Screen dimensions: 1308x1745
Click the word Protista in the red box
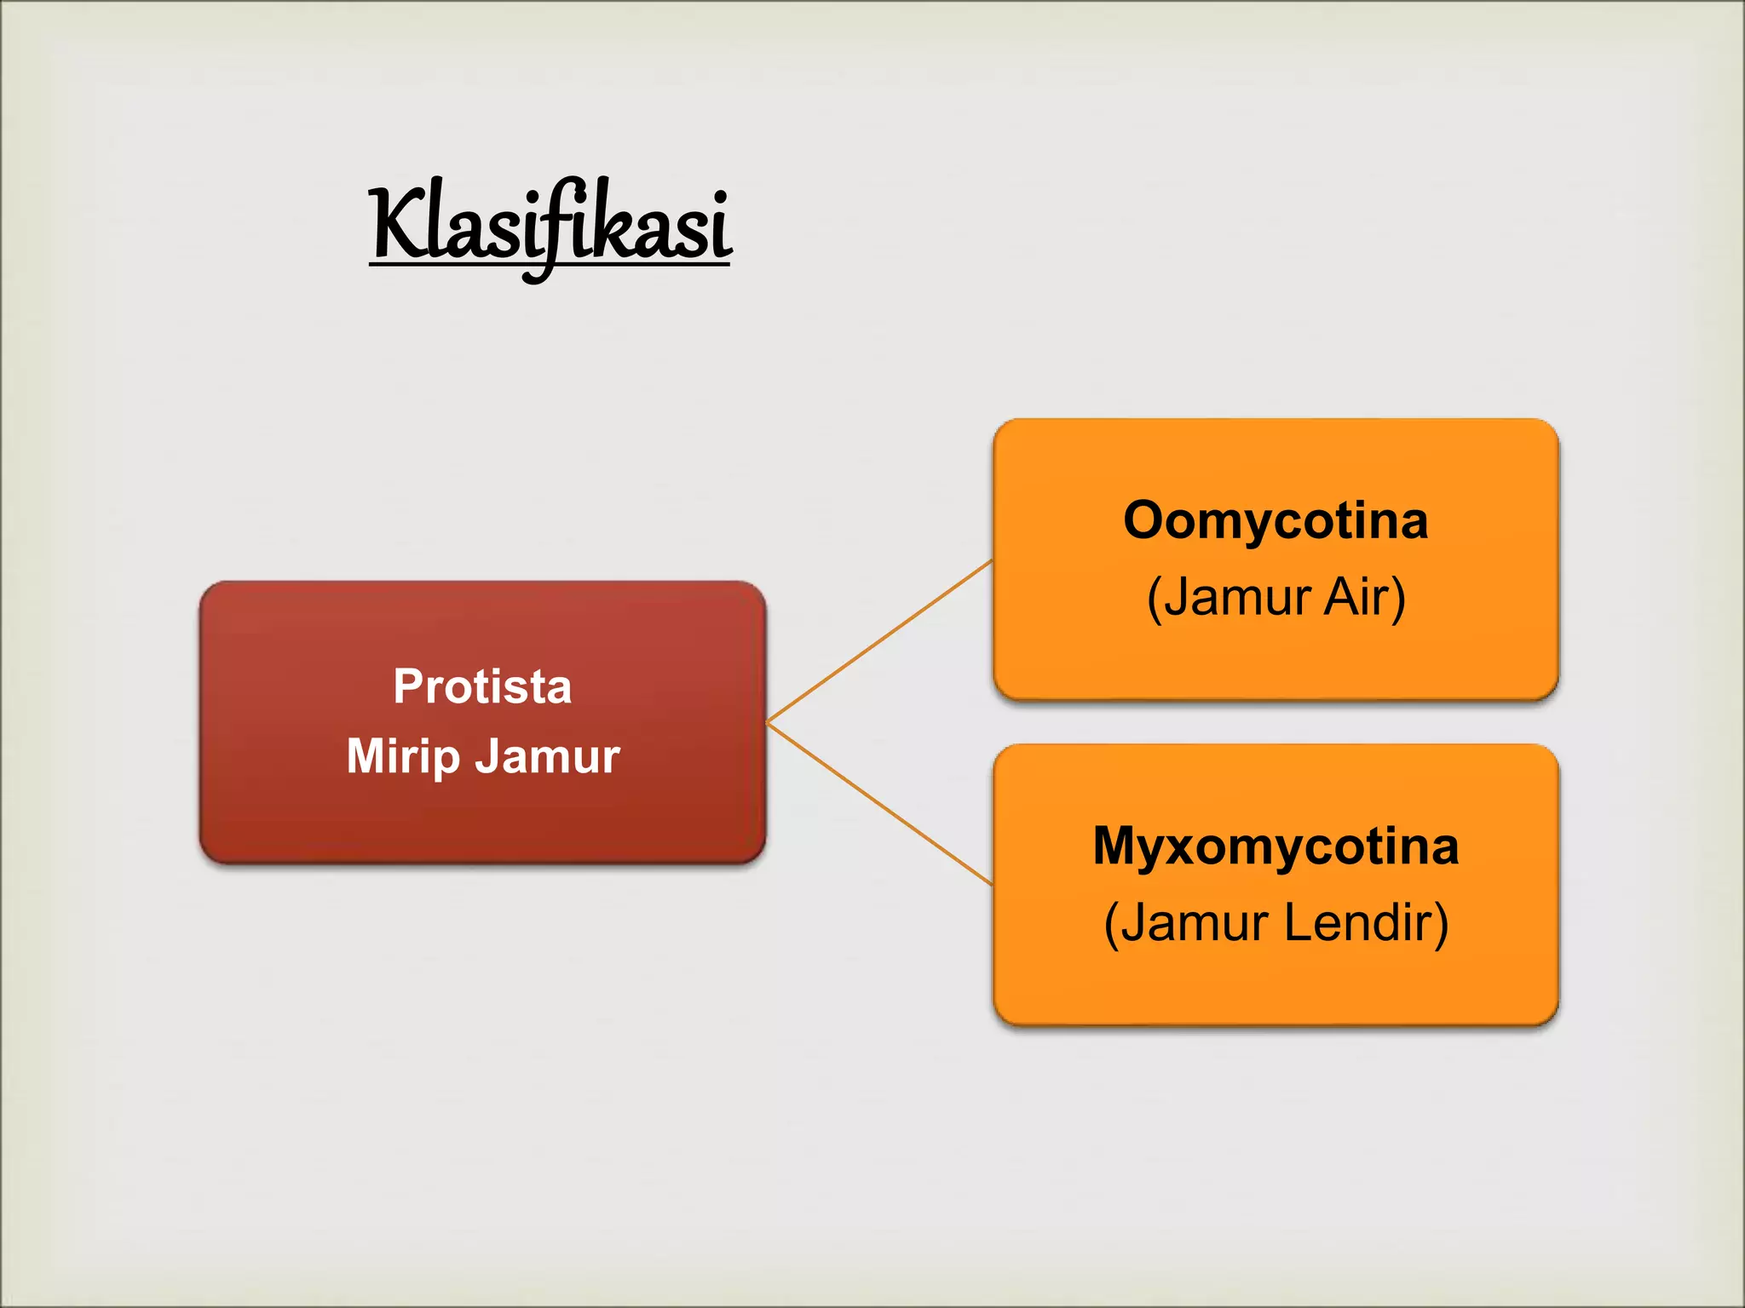[482, 686]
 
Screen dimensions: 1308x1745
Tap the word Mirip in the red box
[402, 756]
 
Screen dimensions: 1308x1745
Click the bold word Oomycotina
[1275, 520]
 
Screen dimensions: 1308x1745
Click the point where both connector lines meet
[769, 722]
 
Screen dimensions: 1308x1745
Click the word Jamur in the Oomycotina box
[1237, 596]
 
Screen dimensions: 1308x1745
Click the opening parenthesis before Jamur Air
[1154, 598]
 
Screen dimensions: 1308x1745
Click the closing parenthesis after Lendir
[1440, 924]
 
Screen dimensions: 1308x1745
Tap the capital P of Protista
[408, 686]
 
